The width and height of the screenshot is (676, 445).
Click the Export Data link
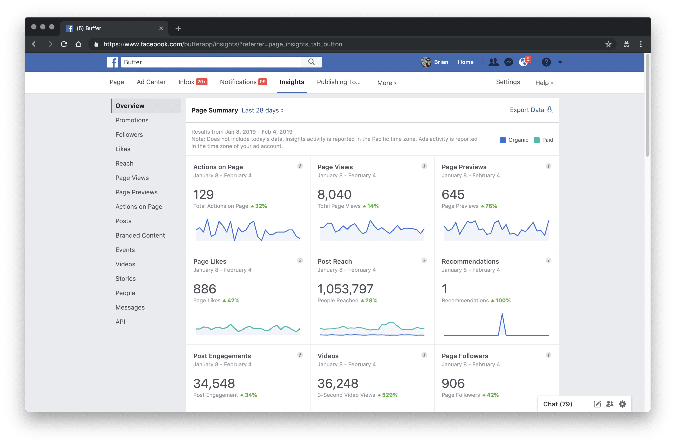531,110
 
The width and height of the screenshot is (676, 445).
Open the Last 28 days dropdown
262,110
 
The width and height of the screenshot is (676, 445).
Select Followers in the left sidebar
129,135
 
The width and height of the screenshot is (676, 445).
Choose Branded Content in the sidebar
140,235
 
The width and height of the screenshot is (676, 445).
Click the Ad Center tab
151,82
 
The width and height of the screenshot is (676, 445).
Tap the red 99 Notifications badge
262,82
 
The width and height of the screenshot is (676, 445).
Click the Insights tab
292,82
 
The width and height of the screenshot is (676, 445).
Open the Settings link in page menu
508,82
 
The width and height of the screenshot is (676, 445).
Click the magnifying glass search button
311,62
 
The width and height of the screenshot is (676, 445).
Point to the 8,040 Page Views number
334,195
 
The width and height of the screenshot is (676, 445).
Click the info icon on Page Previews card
548,166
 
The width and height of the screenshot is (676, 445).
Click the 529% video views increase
389,395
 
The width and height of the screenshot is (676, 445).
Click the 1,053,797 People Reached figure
345,289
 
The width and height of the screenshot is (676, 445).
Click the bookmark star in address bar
608,44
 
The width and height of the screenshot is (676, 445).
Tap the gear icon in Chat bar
622,404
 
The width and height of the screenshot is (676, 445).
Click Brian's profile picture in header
426,62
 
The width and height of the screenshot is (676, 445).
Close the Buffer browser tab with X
161,28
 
